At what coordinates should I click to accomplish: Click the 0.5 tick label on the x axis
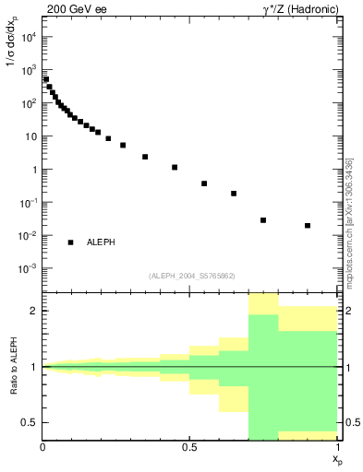190,447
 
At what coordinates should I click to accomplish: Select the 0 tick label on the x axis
43,447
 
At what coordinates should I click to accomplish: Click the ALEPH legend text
101,242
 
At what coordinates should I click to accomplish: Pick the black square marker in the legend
70,242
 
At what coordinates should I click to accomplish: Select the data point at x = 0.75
263,220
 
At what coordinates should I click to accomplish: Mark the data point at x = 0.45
175,167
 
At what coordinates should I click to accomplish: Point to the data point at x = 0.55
204,183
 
